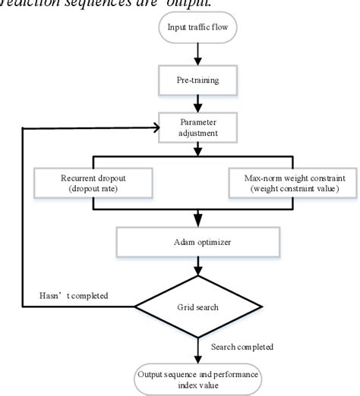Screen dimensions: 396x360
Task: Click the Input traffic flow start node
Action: pyautogui.click(x=198, y=30)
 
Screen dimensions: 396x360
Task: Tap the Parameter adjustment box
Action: pyautogui.click(x=198, y=127)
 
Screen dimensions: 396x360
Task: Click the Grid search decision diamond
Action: pyautogui.click(x=198, y=308)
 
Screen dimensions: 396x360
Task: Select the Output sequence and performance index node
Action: pyautogui.click(x=198, y=376)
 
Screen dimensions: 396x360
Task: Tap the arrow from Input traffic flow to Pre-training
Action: pyautogui.click(x=198, y=53)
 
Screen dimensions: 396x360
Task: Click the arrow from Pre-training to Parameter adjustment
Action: pyautogui.click(x=198, y=102)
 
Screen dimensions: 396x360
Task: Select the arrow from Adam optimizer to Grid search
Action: pyautogui.click(x=198, y=266)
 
